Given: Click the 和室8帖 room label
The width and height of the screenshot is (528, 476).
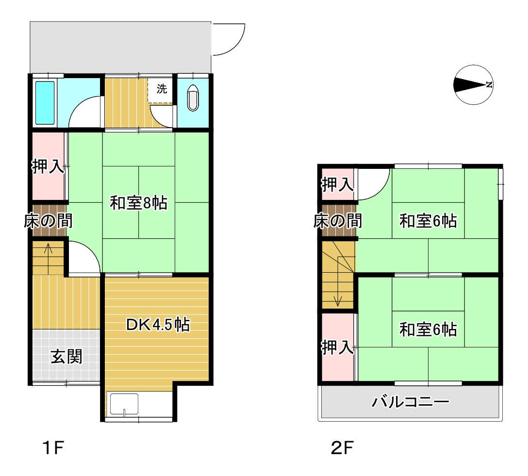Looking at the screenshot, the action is [x=139, y=203].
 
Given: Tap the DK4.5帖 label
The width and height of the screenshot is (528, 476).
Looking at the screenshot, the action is [x=158, y=325].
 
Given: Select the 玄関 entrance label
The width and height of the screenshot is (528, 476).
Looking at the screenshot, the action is [x=66, y=357].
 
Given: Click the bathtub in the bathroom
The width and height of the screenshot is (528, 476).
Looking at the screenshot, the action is [x=45, y=103].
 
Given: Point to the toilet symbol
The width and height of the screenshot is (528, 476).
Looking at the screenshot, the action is [x=193, y=98].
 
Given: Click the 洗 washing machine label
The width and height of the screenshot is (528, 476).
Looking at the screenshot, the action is [x=162, y=89].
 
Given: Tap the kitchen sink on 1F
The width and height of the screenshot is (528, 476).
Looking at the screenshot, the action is [x=124, y=404].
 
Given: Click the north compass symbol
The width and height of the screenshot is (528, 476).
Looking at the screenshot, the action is [x=474, y=84].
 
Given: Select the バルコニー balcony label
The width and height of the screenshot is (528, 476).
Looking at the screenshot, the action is [x=411, y=402].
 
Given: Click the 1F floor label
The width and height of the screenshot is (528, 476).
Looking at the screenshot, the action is [x=53, y=448].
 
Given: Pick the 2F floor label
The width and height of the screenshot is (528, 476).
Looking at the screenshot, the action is [x=342, y=448].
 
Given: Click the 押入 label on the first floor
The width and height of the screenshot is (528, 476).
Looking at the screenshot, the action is [x=48, y=166].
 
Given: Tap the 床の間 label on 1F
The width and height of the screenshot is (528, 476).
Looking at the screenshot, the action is [x=48, y=221].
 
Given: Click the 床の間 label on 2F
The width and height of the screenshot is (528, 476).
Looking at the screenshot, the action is [x=338, y=221].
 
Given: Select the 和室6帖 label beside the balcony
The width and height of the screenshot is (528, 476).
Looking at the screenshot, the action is [x=428, y=329].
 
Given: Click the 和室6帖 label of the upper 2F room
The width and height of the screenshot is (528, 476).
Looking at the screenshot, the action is [x=428, y=221].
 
